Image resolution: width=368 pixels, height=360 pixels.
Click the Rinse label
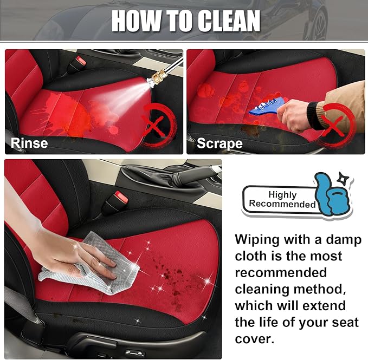click(x=29, y=143)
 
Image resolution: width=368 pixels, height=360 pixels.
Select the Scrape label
click(x=219, y=143)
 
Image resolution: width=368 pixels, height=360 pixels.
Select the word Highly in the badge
click(x=282, y=194)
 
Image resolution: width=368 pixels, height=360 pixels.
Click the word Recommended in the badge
click(x=282, y=204)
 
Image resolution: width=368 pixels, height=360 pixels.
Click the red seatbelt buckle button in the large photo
click(x=121, y=197)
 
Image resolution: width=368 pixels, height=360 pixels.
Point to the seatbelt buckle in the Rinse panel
click(x=77, y=65)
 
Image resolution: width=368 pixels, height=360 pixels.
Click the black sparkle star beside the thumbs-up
click(x=341, y=179)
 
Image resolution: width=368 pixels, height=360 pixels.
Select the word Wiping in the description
click(x=257, y=240)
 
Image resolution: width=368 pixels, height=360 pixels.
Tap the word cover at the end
click(x=254, y=339)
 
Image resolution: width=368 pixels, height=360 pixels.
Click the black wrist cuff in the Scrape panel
click(x=314, y=115)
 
